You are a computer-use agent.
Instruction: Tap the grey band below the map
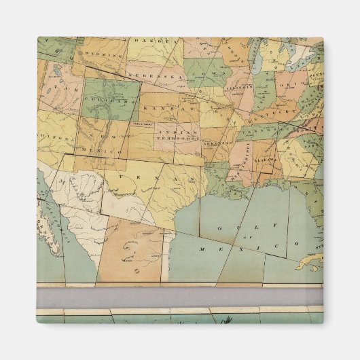point(180,297)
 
